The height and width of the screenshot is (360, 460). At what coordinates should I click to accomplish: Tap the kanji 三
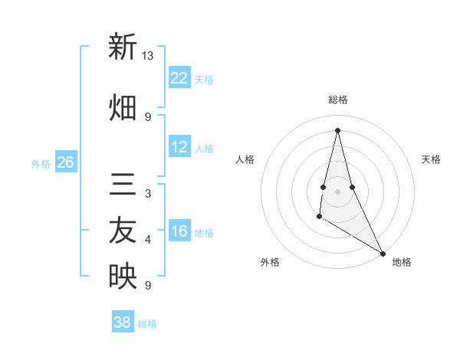pyautogui.click(x=123, y=185)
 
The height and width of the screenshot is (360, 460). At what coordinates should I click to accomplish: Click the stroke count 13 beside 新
pyautogui.click(x=148, y=56)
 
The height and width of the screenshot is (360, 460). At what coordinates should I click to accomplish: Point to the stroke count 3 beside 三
pyautogui.click(x=148, y=194)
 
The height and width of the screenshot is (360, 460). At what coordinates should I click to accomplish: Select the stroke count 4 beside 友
pyautogui.click(x=148, y=240)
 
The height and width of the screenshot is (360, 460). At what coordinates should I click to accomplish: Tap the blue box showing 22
pyautogui.click(x=179, y=78)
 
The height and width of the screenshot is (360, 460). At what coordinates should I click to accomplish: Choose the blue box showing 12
pyautogui.click(x=179, y=147)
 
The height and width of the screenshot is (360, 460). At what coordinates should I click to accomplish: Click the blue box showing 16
pyautogui.click(x=179, y=232)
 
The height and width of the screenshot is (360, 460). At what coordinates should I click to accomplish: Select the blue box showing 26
pyautogui.click(x=65, y=162)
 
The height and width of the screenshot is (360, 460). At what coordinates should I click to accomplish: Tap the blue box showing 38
pyautogui.click(x=123, y=322)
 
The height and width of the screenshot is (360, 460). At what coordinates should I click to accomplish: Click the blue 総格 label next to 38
pyautogui.click(x=147, y=324)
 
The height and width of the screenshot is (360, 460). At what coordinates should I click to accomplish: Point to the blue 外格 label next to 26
pyautogui.click(x=41, y=164)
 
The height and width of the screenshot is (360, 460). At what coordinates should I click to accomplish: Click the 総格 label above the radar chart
pyautogui.click(x=338, y=100)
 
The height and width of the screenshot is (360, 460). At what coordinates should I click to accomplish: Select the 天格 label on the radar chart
pyautogui.click(x=432, y=159)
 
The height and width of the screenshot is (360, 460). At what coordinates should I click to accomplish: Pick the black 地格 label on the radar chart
pyautogui.click(x=402, y=262)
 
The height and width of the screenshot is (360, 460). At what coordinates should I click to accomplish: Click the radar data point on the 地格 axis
pyautogui.click(x=383, y=253)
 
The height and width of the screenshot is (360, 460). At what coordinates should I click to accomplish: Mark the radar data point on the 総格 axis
pyautogui.click(x=337, y=129)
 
